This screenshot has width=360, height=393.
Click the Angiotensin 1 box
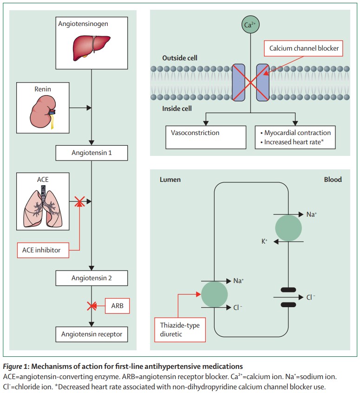[x=91, y=152]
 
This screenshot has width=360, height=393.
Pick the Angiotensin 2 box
[x=91, y=278]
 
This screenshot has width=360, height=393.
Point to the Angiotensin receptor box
[x=91, y=334]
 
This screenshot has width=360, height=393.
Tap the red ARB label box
[x=117, y=306]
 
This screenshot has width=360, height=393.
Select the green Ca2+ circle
[x=250, y=25]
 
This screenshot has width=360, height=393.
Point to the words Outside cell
[x=180, y=58]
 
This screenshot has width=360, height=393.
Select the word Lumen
[x=170, y=180]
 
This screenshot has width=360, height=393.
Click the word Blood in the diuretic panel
[x=332, y=180]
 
